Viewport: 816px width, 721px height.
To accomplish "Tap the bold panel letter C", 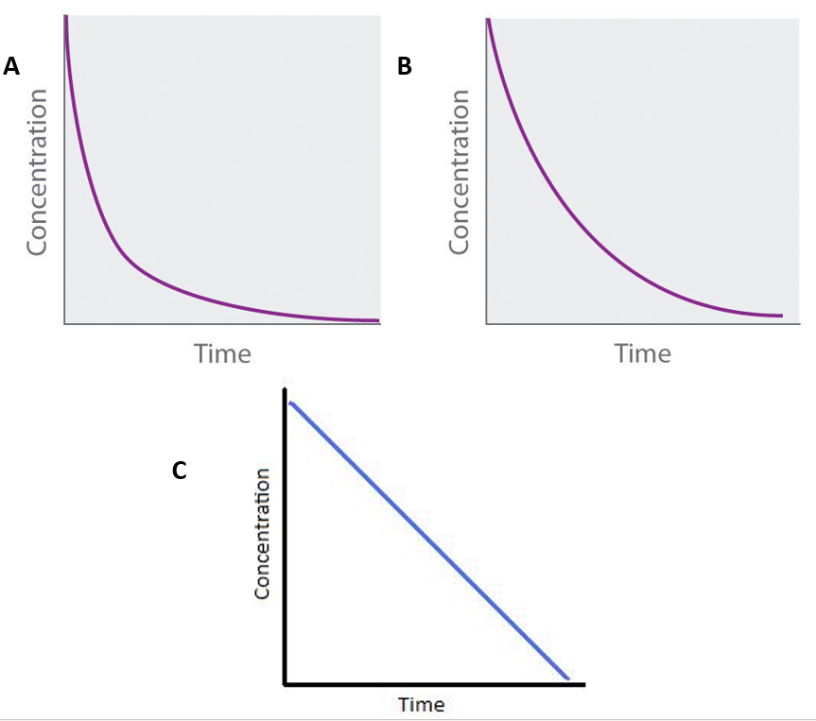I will click(x=179, y=470).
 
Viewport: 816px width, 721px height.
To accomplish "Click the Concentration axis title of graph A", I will click(x=37, y=172).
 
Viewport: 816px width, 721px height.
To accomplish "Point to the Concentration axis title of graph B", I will click(x=459, y=172).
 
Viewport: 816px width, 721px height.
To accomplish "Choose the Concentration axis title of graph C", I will click(x=263, y=533).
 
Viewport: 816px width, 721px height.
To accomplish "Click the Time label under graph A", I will click(x=222, y=354).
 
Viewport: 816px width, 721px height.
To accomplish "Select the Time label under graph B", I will click(x=642, y=354).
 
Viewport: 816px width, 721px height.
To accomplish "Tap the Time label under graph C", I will click(x=421, y=705).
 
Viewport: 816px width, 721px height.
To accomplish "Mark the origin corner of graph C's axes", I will click(x=285, y=683).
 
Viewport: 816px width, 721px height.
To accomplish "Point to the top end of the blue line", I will click(x=291, y=403).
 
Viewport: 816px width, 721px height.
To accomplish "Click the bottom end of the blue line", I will click(x=567, y=678).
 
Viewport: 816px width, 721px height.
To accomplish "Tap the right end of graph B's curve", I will click(x=782, y=316).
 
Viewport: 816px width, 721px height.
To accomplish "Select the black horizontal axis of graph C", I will click(x=435, y=683).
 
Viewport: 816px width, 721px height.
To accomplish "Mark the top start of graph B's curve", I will click(x=489, y=21).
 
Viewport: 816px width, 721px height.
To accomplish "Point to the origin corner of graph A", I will click(x=64, y=324).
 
